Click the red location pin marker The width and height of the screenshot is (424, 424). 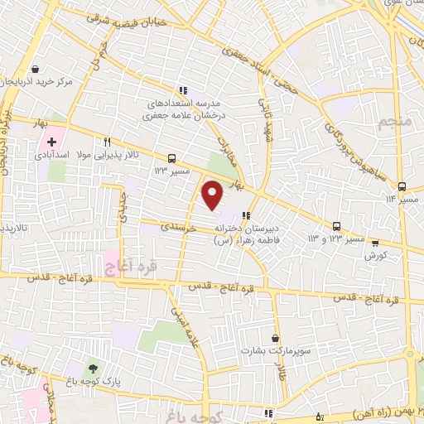pyautogui.click(x=213, y=195)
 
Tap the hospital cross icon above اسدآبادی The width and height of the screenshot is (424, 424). pyautogui.click(x=52, y=142)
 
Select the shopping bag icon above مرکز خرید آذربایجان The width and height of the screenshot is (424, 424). pyautogui.click(x=35, y=70)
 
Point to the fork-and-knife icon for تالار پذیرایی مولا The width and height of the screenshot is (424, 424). pyautogui.click(x=108, y=142)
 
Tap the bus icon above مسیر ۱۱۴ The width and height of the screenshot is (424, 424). pyautogui.click(x=402, y=186)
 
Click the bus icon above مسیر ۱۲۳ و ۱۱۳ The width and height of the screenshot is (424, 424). pyautogui.click(x=337, y=225)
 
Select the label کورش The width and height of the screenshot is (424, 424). pyautogui.click(x=377, y=257)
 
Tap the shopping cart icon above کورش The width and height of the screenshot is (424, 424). pyautogui.click(x=376, y=243)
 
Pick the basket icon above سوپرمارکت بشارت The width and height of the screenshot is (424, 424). pyautogui.click(x=270, y=338)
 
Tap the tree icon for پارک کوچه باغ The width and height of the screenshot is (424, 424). pyautogui.click(x=92, y=368)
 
